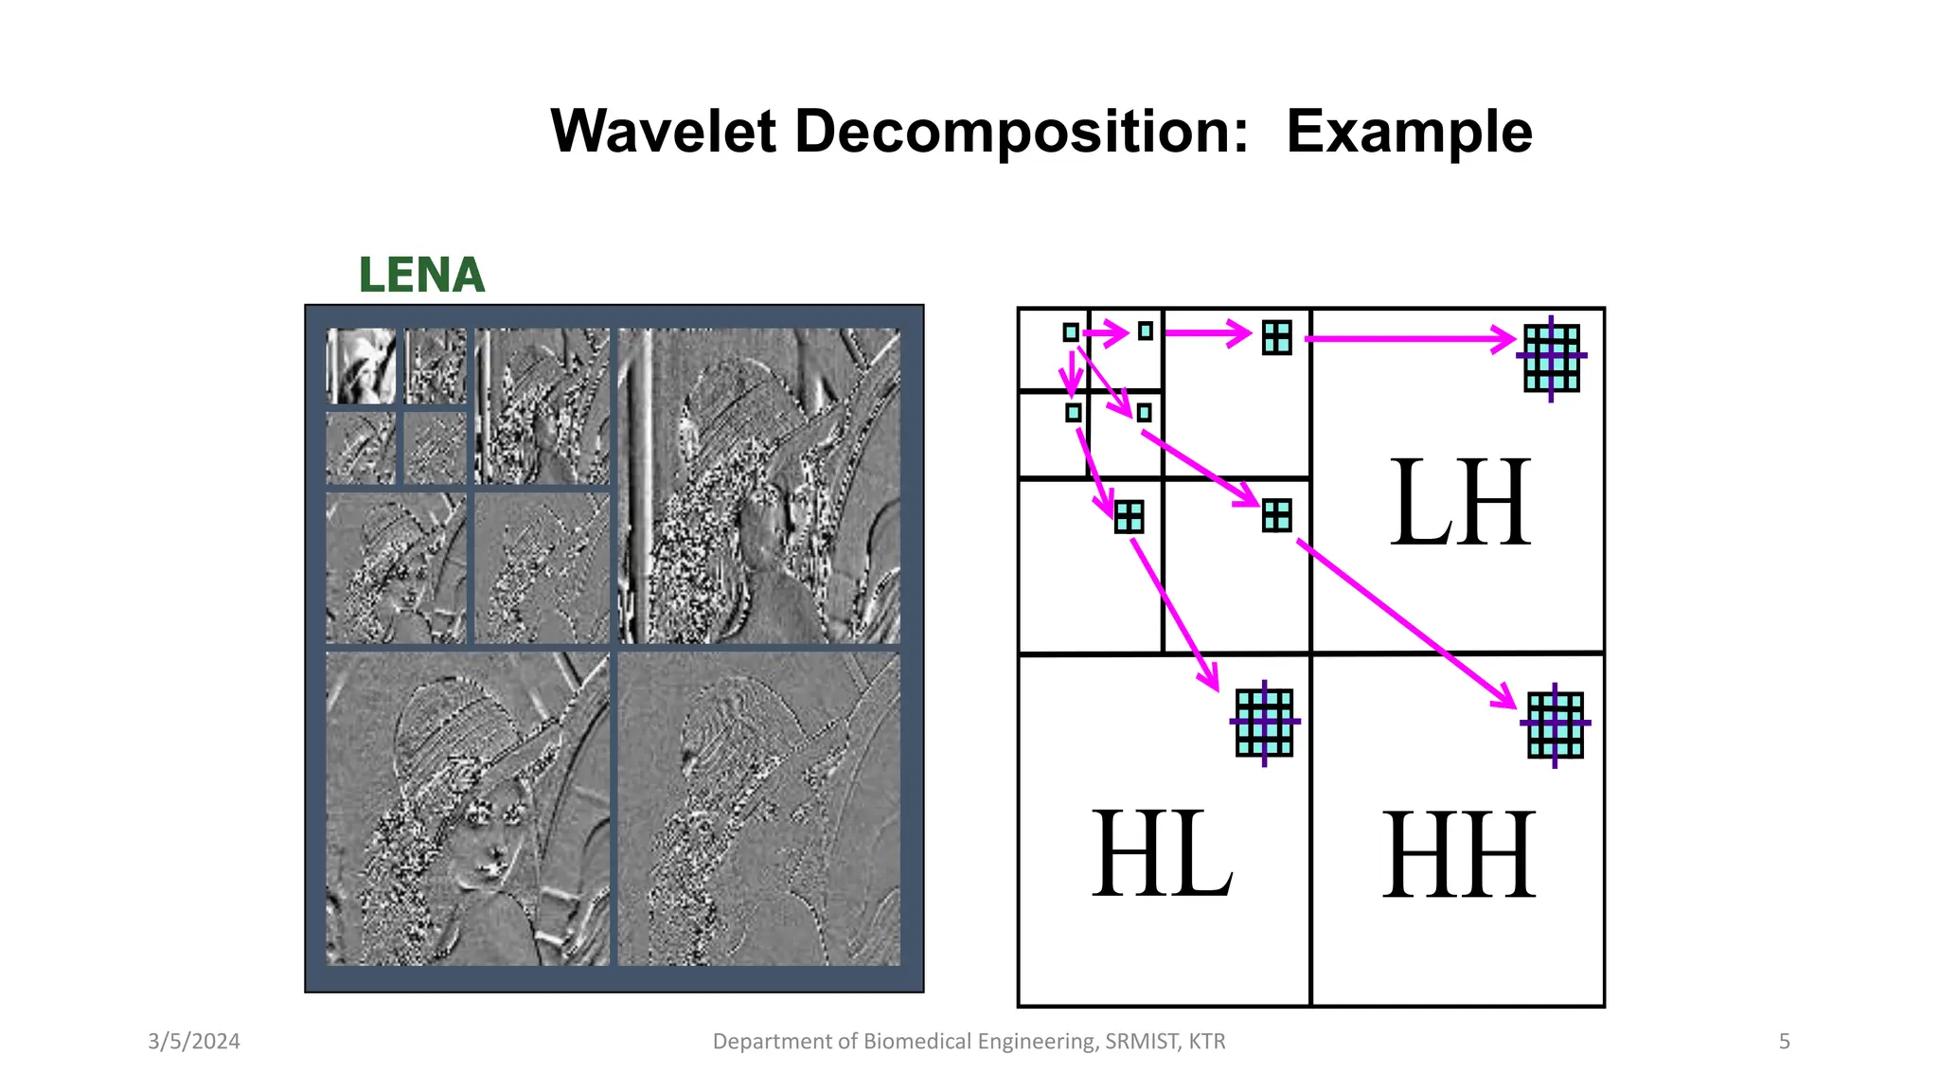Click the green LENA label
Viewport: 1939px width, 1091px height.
pyautogui.click(x=421, y=276)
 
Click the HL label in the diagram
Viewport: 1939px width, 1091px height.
pyautogui.click(x=1162, y=854)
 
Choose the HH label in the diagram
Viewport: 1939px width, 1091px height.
pyautogui.click(x=1458, y=854)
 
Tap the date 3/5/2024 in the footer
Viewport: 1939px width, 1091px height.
pyautogui.click(x=194, y=1042)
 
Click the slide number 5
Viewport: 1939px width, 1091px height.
pyautogui.click(x=1784, y=1042)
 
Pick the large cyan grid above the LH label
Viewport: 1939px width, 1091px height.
pyautogui.click(x=1552, y=358)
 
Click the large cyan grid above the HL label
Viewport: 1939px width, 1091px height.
pyautogui.click(x=1264, y=723)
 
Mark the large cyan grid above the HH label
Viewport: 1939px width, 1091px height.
pyautogui.click(x=1555, y=724)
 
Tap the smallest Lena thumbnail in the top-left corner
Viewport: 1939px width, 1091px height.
pyautogui.click(x=361, y=366)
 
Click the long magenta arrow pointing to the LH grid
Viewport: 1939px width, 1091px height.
pyautogui.click(x=1411, y=338)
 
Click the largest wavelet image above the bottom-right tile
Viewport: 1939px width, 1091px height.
pyautogui.click(x=758, y=485)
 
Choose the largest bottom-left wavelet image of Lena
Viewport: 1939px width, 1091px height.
pyautogui.click(x=468, y=808)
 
